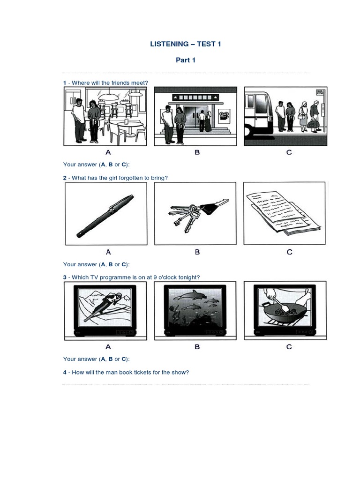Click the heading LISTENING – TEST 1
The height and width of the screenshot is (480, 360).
(x=186, y=44)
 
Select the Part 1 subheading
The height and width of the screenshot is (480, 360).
(x=186, y=60)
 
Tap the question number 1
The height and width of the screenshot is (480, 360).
(x=65, y=83)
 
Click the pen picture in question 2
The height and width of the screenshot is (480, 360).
(x=105, y=216)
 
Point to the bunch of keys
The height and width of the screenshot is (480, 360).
(x=197, y=214)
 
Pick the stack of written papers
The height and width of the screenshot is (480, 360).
(x=283, y=214)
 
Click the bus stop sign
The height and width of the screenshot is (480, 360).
(x=320, y=92)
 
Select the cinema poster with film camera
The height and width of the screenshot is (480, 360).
(x=224, y=116)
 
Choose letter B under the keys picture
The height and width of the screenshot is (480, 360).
(x=197, y=252)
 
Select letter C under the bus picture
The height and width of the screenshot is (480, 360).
(x=289, y=152)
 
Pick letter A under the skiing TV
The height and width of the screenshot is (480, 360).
(x=108, y=347)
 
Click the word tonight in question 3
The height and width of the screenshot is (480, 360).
(x=189, y=277)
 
